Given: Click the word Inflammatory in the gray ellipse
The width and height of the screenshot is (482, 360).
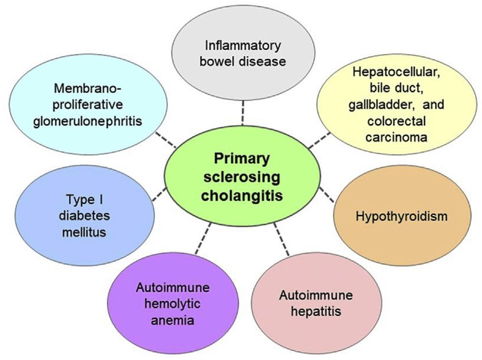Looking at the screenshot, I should pyautogui.click(x=242, y=45).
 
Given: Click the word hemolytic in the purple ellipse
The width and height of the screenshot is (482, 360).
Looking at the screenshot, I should pyautogui.click(x=166, y=303).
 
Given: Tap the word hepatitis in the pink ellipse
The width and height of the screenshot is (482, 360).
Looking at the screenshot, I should pyautogui.click(x=316, y=311).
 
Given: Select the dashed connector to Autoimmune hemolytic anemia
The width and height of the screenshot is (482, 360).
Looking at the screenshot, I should pyautogui.click(x=201, y=238).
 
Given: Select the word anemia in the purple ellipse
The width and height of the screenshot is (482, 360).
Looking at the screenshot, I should pyautogui.click(x=166, y=320).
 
